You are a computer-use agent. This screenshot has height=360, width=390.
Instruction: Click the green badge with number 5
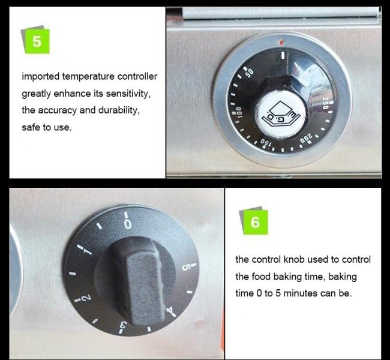pyautogui.click(x=37, y=41)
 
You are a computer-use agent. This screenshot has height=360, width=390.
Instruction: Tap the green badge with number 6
pyautogui.click(x=255, y=222)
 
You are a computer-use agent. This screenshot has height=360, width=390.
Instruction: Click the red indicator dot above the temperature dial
pyautogui.click(x=281, y=42)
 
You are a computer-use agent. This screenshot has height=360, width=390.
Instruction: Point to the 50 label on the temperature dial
pyautogui.click(x=250, y=73)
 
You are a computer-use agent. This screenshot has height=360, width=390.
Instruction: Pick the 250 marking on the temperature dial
pyautogui.click(x=325, y=103)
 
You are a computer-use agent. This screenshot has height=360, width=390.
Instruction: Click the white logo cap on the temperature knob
pyautogui.click(x=281, y=115)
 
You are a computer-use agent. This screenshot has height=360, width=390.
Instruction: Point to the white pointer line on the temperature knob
pyautogui.click(x=283, y=55)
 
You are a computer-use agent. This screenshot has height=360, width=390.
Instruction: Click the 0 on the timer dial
pyautogui.click(x=127, y=224)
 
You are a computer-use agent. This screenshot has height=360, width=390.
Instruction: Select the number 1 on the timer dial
pyautogui.click(x=88, y=251)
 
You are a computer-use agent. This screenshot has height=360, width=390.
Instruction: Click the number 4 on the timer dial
pyautogui.click(x=170, y=311)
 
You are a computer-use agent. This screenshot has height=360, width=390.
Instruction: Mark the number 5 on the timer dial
pyautogui.click(x=186, y=267)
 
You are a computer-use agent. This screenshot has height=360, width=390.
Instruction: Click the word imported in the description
pyautogui.click(x=41, y=76)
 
